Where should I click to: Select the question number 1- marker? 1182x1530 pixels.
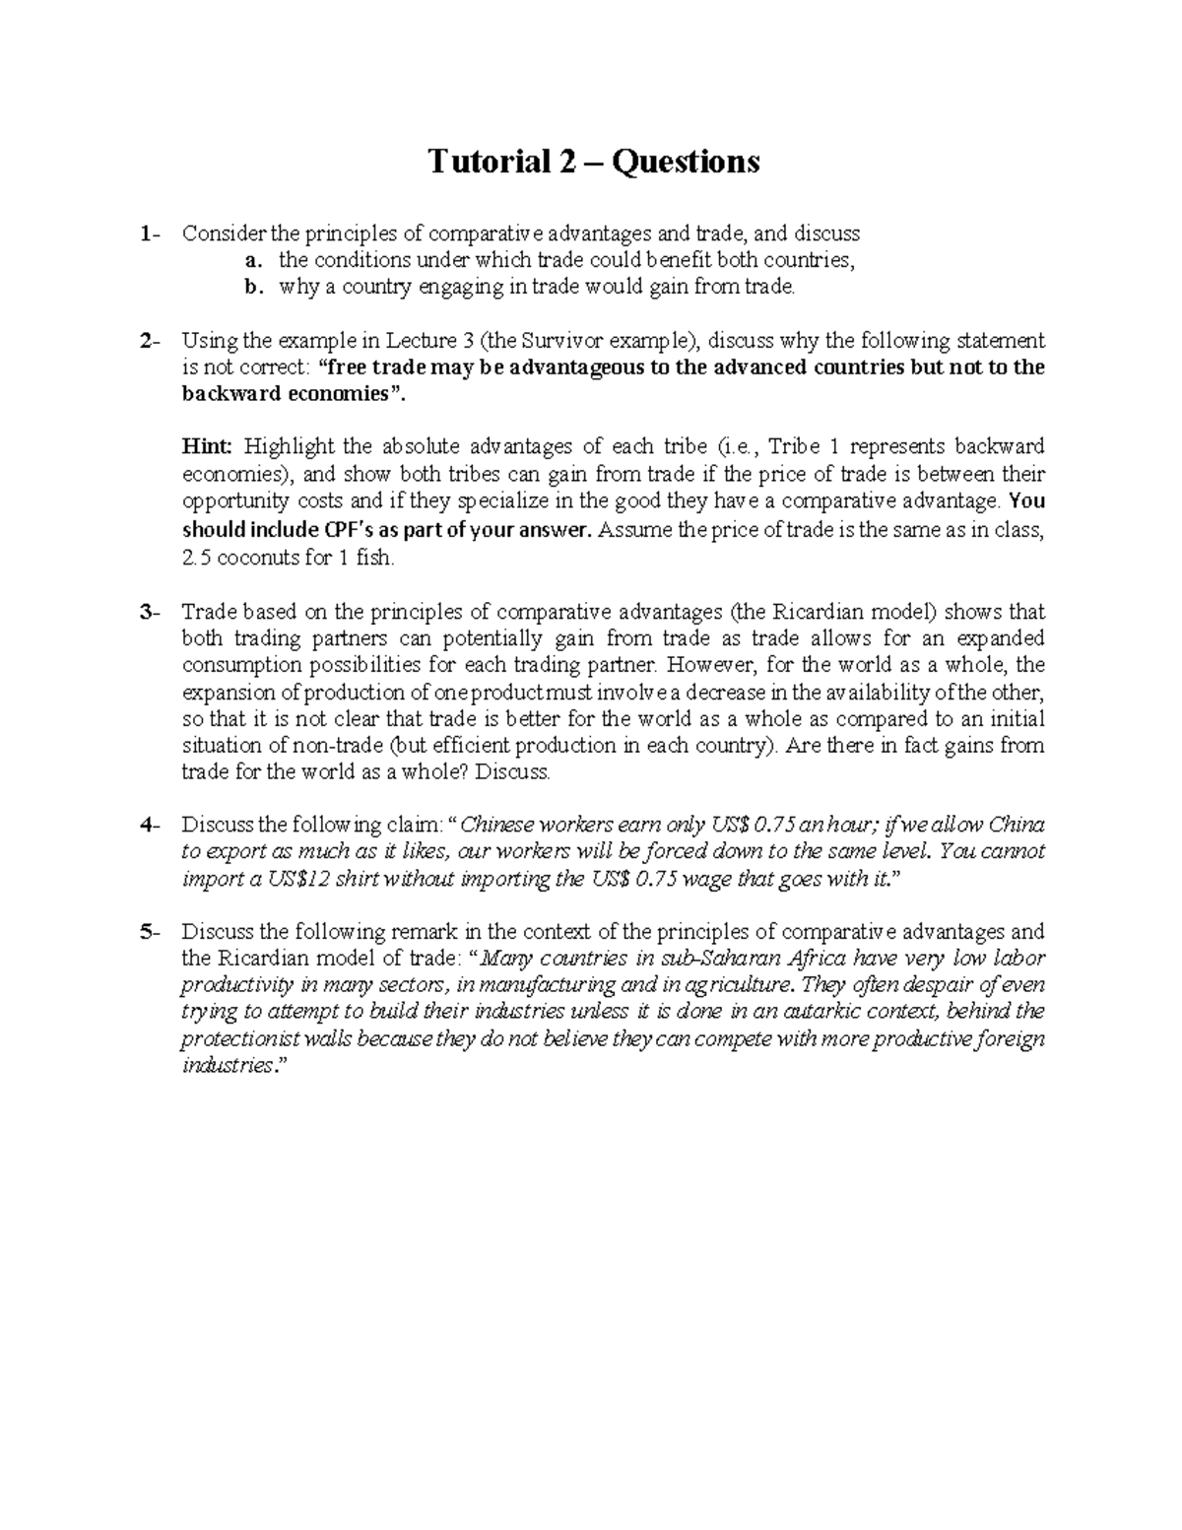[x=148, y=234]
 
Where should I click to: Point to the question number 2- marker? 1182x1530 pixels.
[x=148, y=342]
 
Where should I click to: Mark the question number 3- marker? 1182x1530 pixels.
[x=148, y=612]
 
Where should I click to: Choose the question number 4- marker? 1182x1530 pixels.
[x=148, y=825]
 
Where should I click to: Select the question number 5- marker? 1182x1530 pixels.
[x=148, y=932]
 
